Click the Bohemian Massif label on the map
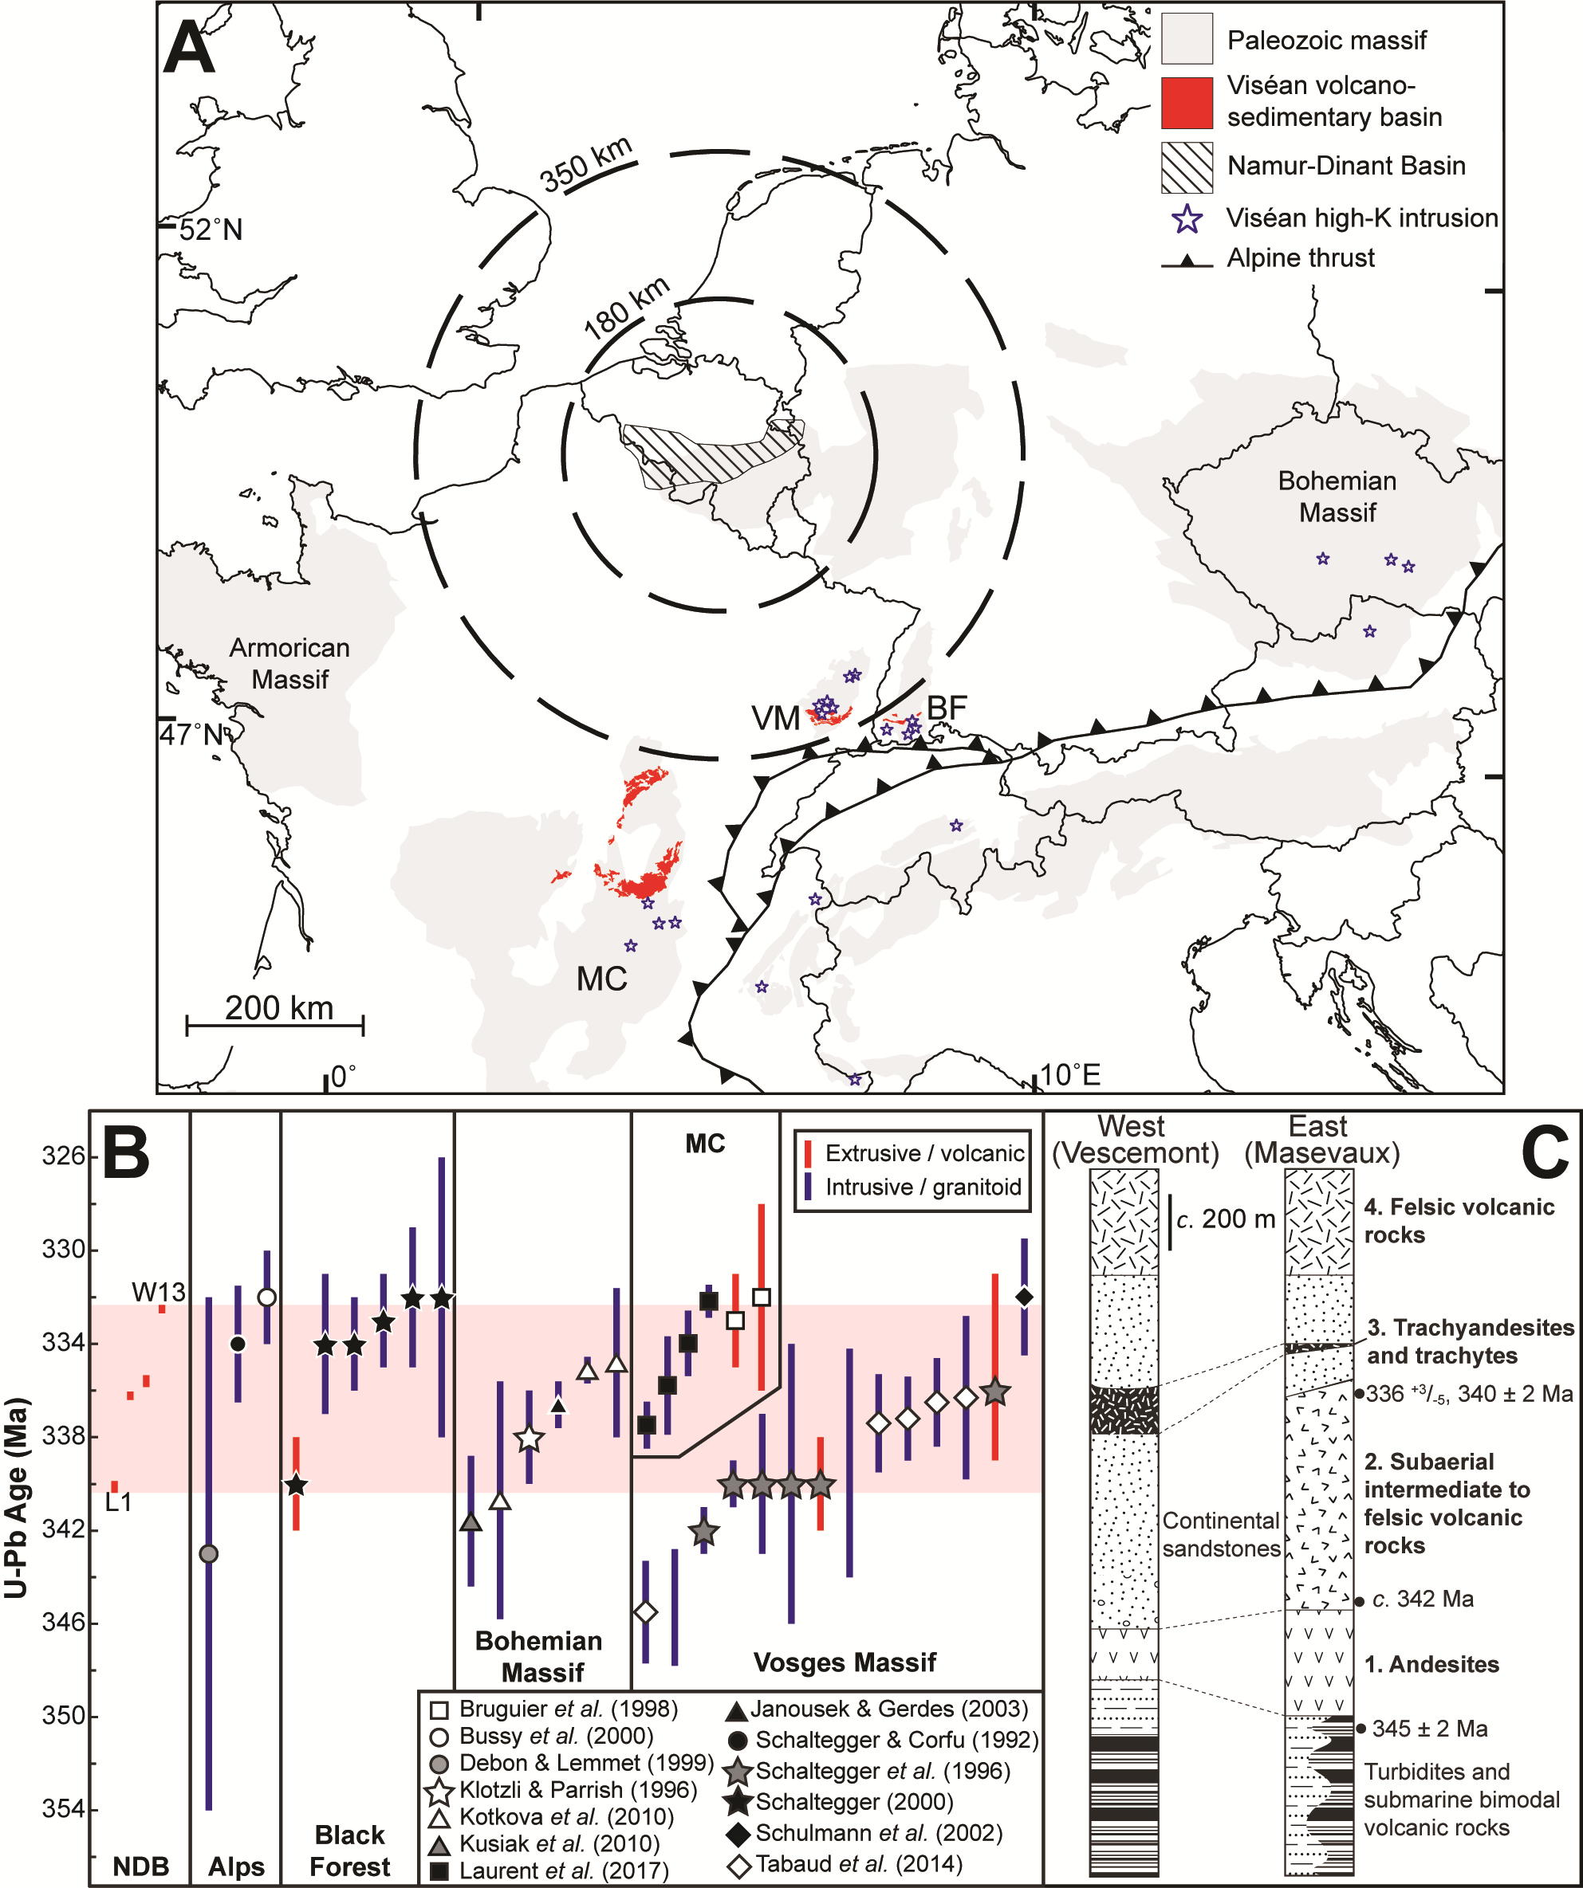pyautogui.click(x=1337, y=497)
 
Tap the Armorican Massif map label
pyautogui.click(x=289, y=664)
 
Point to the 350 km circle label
pyautogui.click(x=586, y=166)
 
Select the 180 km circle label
pyautogui.click(x=628, y=308)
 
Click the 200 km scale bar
pyautogui.click(x=275, y=1024)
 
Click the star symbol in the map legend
pyautogui.click(x=1188, y=218)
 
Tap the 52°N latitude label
pyautogui.click(x=211, y=230)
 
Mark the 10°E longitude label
pyautogui.click(x=1070, y=1074)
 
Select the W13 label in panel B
pyautogui.click(x=158, y=1292)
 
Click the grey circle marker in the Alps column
pyautogui.click(x=209, y=1553)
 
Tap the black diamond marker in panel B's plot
pyautogui.click(x=1023, y=1297)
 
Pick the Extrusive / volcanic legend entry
pyautogui.click(x=916, y=1153)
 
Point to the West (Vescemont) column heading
pyautogui.click(x=1134, y=1140)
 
